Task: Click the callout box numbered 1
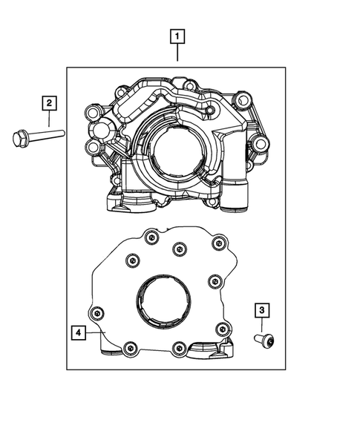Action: tap(177, 35)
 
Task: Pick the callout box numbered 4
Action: tap(79, 332)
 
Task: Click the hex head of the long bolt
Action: tap(20, 137)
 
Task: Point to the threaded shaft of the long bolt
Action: tap(48, 135)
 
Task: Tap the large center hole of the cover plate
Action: tap(162, 301)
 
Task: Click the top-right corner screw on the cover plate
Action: tap(218, 243)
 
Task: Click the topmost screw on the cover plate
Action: tap(151, 237)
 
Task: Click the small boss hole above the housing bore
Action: tap(210, 111)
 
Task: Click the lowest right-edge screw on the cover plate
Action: tap(220, 329)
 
